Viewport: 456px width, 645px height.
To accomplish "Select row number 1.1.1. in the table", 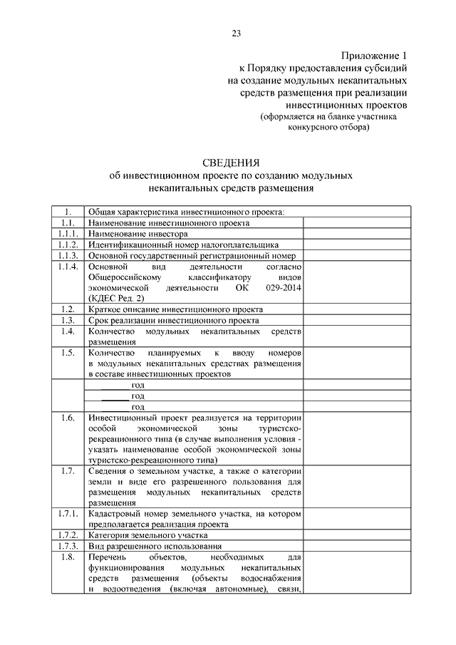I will coord(68,233).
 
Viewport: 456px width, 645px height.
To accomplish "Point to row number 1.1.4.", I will coord(68,265).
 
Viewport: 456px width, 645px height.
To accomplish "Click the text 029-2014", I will coord(284,287).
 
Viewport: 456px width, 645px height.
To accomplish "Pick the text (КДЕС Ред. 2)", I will coord(116,298).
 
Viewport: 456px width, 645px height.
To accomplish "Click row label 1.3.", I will coord(68,320).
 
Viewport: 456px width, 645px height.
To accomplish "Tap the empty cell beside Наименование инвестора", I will coord(356,233).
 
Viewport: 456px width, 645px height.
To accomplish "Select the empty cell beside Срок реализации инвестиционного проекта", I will coord(356,320).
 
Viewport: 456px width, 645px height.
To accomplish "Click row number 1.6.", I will coord(68,418).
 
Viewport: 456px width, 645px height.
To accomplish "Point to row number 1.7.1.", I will coord(68,513).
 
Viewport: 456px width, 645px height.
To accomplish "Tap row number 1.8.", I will coord(68,557).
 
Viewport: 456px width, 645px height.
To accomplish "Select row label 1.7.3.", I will coord(68,545).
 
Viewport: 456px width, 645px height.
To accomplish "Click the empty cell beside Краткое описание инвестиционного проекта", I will coord(356,309).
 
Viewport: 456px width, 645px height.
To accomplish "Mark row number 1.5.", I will coord(68,353).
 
